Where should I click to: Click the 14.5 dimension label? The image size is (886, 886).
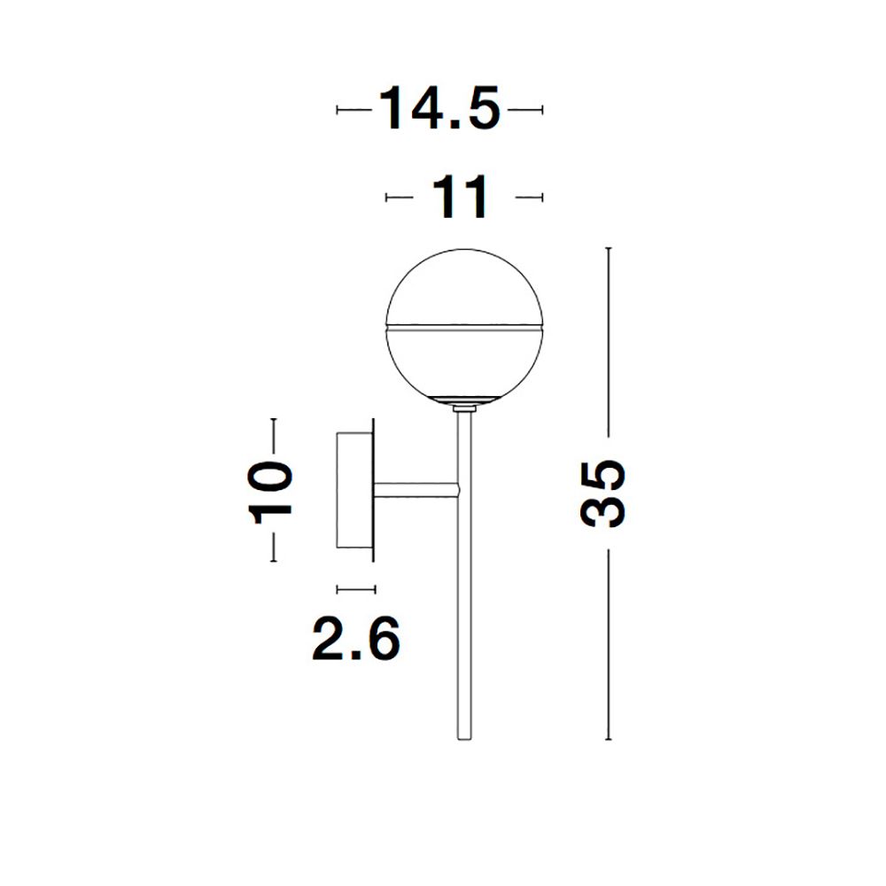439,109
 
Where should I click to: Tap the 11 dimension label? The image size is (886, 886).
459,197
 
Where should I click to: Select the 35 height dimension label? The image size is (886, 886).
603,494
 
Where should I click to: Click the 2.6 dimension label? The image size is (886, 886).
356,639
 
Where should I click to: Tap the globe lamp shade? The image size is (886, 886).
464,327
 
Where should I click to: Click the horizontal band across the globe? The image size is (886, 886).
464,327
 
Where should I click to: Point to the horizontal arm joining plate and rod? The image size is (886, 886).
416,490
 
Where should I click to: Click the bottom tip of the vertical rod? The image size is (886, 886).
464,739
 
